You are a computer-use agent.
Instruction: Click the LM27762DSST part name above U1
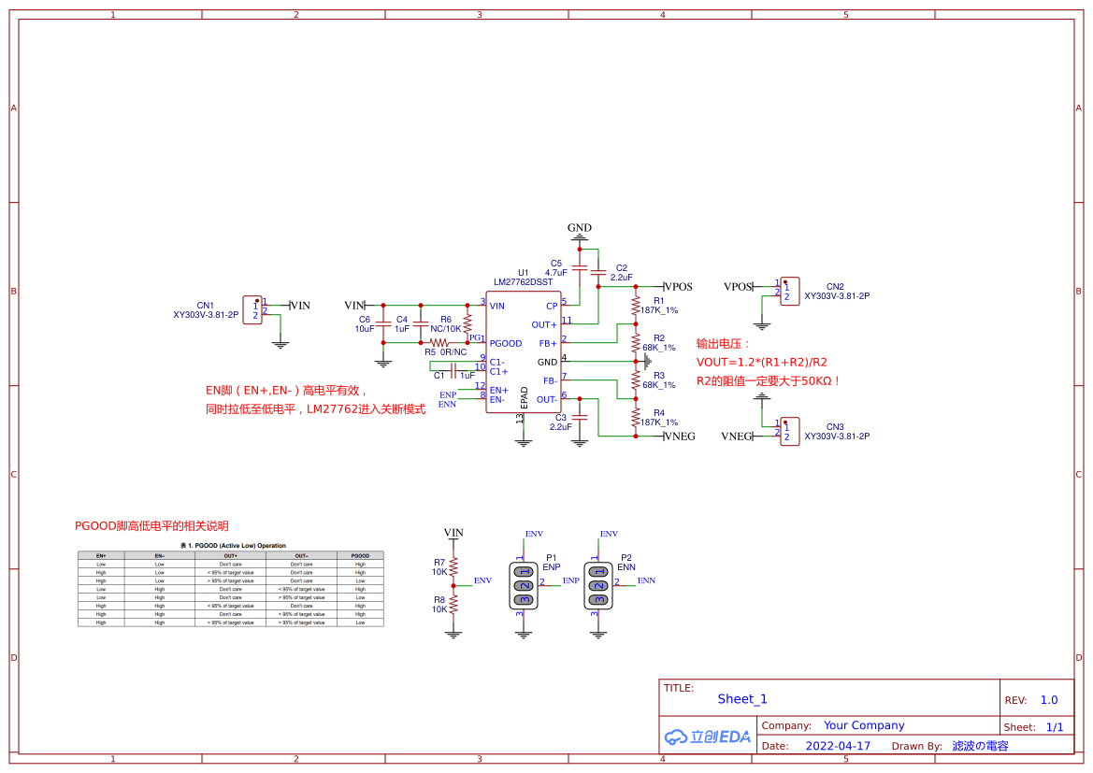(x=523, y=281)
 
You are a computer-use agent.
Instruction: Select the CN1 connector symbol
(x=252, y=310)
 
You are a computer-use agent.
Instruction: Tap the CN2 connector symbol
(x=789, y=291)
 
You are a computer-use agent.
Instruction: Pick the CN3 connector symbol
(x=789, y=431)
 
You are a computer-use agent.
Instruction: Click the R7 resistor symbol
(x=453, y=567)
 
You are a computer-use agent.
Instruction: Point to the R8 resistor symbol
(x=453, y=605)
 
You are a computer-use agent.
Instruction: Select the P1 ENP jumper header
(x=525, y=585)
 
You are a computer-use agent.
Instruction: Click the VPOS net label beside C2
(x=678, y=287)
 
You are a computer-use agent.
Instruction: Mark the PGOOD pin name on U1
(x=506, y=343)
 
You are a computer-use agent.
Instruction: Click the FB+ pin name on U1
(x=548, y=343)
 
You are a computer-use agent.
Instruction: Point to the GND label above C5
(x=580, y=228)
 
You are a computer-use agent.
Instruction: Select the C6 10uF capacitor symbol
(x=382, y=323)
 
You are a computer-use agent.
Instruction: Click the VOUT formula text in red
(x=761, y=363)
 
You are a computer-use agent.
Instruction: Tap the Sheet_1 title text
(x=742, y=699)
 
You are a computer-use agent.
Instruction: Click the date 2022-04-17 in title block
(x=838, y=746)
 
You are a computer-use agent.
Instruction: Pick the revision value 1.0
(x=1049, y=700)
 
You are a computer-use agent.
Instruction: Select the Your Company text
(x=864, y=725)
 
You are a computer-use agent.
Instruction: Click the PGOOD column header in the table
(x=360, y=555)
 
